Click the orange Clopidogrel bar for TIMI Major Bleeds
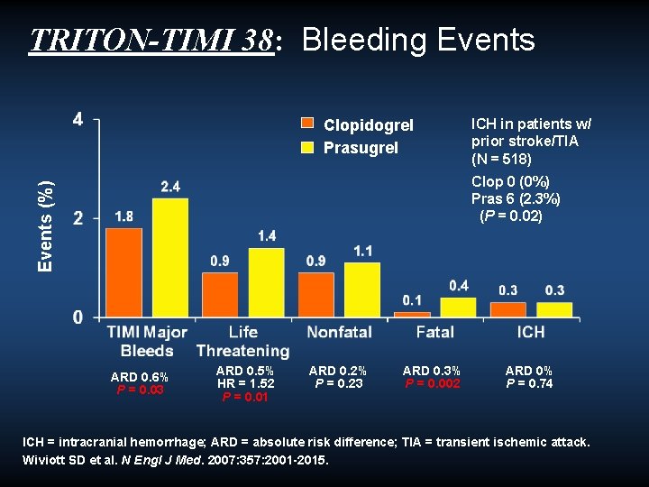(x=123, y=272)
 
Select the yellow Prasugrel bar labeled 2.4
(x=170, y=258)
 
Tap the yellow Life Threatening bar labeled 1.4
(x=266, y=282)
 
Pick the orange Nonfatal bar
(x=315, y=295)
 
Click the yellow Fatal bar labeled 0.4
(x=458, y=308)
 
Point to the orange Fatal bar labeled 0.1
(x=411, y=315)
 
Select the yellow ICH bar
(x=555, y=309)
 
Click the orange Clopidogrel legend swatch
(x=307, y=124)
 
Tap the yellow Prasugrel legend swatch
(x=307, y=147)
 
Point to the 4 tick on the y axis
(x=78, y=119)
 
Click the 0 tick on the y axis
(x=78, y=317)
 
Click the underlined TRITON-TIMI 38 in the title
(x=151, y=41)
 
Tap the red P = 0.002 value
(x=433, y=384)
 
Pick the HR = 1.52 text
(x=246, y=384)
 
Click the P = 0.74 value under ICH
(x=529, y=384)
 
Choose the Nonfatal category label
(x=339, y=333)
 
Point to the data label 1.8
(x=124, y=216)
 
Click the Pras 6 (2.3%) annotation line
(x=516, y=198)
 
